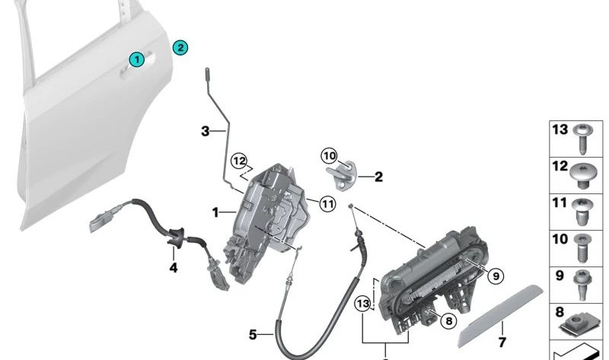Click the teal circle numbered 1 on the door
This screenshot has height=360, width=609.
point(136,59)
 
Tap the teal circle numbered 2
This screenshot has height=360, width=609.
point(180,47)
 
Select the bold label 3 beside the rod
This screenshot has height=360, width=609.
point(205,132)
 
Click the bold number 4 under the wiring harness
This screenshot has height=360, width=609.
point(174,268)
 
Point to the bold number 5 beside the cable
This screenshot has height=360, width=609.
point(253,333)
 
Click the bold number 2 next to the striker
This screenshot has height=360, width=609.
point(378,177)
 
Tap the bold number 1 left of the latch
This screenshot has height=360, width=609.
point(215,212)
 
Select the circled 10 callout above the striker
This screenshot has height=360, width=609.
point(328,156)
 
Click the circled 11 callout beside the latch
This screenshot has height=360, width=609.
point(327,203)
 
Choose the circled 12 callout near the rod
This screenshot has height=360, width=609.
point(240,161)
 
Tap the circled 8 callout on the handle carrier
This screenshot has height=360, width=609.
point(448,321)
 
